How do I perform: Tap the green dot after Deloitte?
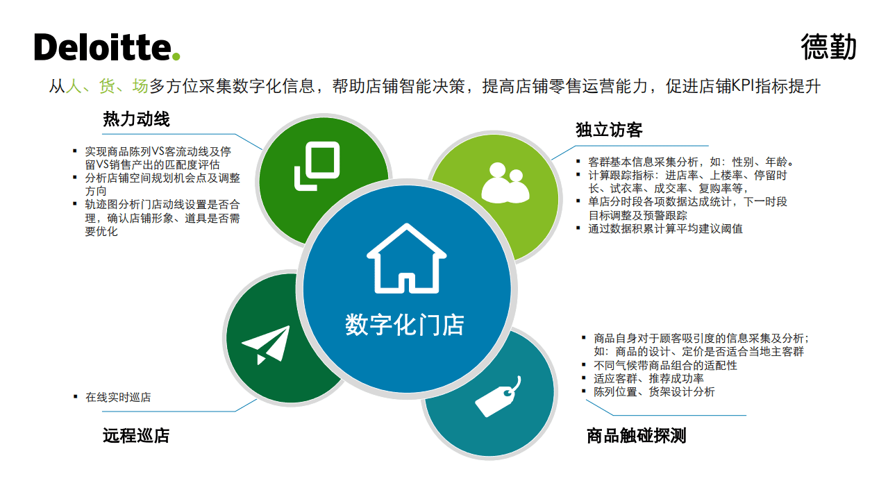pos(176,56)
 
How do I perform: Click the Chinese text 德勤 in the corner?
pos(828,46)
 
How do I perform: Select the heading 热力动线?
pos(136,119)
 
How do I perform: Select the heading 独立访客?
pos(609,130)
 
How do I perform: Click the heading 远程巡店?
pos(136,435)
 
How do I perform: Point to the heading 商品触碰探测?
pos(636,435)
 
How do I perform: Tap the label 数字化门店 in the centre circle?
pos(405,324)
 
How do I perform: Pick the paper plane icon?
pos(265,344)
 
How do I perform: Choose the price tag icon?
pos(497,397)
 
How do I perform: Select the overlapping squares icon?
pos(317,166)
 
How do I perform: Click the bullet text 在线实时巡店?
pos(118,397)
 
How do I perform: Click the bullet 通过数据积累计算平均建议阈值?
pos(665,228)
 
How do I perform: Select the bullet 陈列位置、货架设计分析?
pos(654,391)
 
